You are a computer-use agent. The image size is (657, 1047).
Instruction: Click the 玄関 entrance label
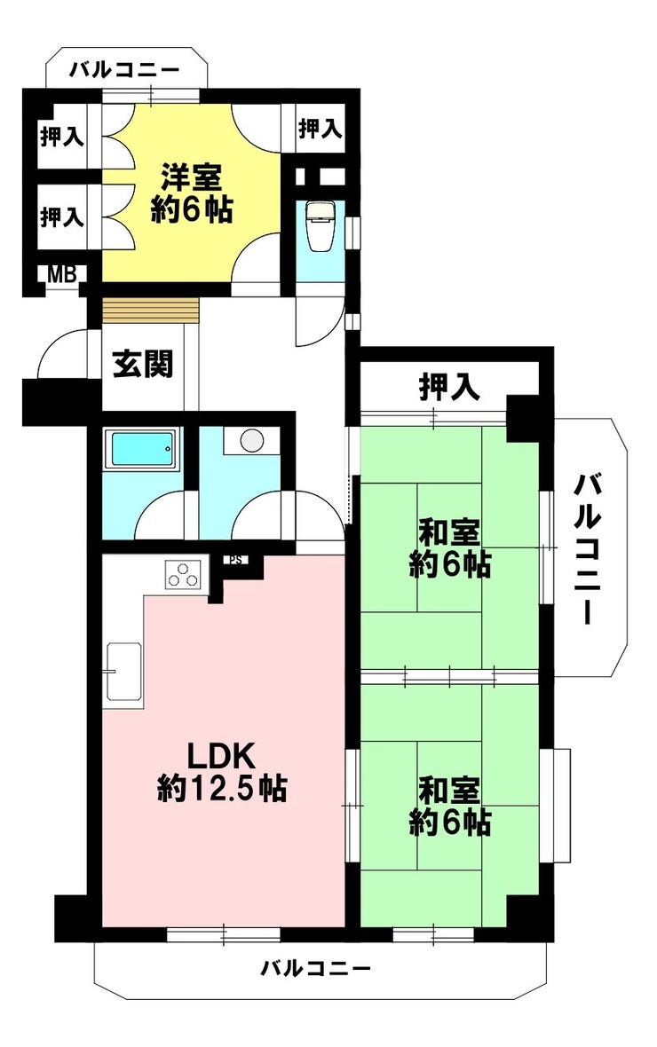pyautogui.click(x=142, y=364)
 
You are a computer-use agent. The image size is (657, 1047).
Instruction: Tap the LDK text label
pyautogui.click(x=220, y=757)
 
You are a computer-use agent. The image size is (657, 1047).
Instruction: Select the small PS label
pyautogui.click(x=235, y=560)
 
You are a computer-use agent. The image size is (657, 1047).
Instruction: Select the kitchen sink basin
pyautogui.click(x=124, y=672)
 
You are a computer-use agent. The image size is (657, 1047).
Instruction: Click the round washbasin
pyautogui.click(x=252, y=440)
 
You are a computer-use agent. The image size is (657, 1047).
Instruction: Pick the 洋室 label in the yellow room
pyautogui.click(x=191, y=177)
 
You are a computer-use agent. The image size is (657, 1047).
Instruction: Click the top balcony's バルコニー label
pyautogui.click(x=126, y=69)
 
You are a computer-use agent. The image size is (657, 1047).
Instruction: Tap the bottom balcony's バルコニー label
pyautogui.click(x=315, y=967)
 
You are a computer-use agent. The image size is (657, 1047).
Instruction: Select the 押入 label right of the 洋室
pyautogui.click(x=321, y=128)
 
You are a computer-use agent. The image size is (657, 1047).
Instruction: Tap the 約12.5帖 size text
pyautogui.click(x=222, y=788)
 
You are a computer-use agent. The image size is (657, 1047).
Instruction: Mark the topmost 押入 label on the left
pyautogui.click(x=61, y=137)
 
